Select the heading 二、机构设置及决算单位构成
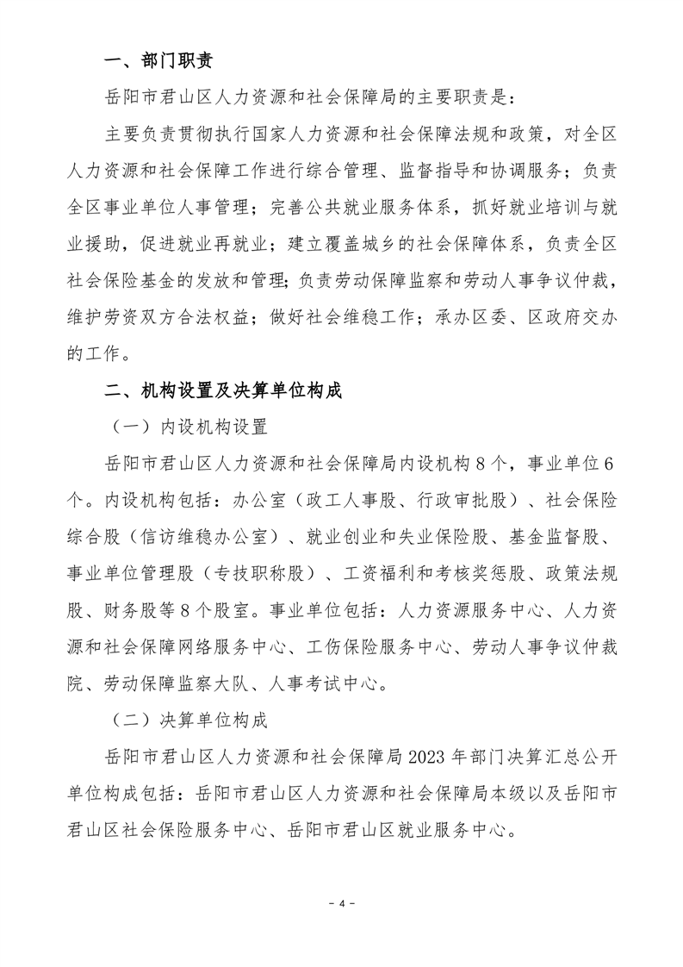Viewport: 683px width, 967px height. [223, 390]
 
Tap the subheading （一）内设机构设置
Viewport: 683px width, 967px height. [190, 427]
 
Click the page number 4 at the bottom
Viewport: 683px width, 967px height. [341, 903]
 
